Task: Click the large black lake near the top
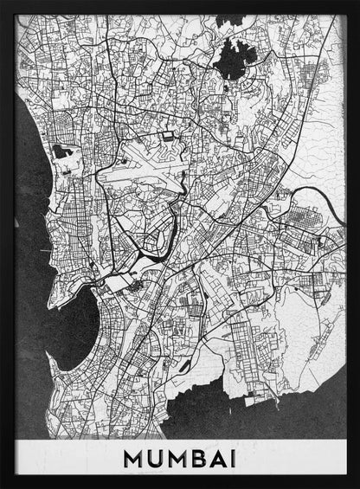pos(235,59)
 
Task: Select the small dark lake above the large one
pos(229,20)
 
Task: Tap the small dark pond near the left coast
pos(61,151)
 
